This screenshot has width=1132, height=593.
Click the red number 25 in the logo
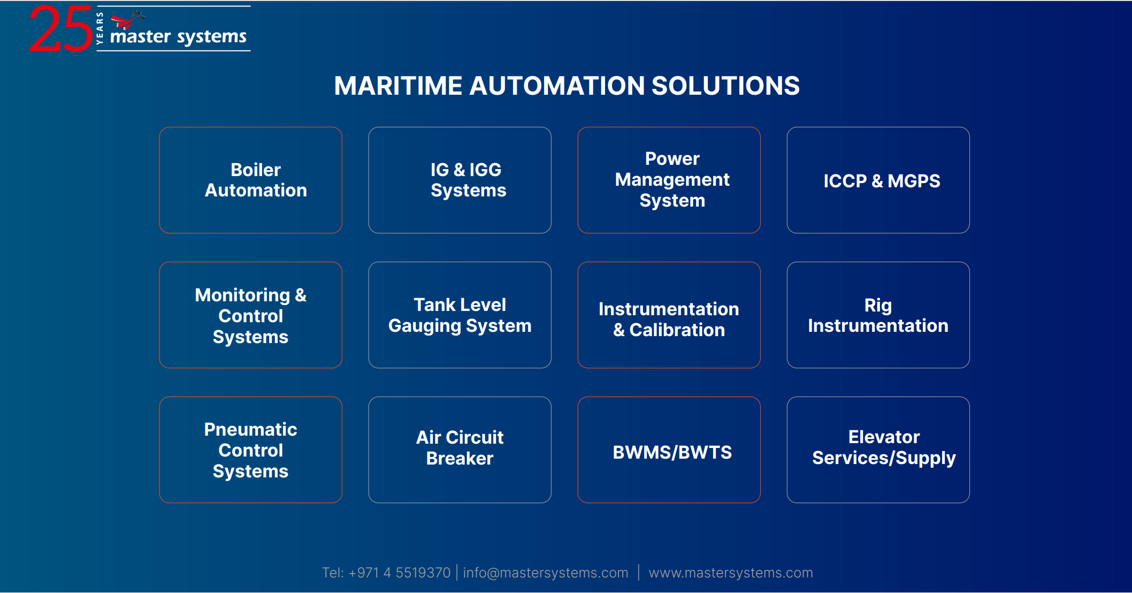[60, 29]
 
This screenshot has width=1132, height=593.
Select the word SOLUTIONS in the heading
[725, 86]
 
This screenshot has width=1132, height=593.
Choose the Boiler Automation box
[250, 180]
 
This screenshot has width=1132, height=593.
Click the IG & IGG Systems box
[460, 180]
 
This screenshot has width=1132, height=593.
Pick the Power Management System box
[669, 180]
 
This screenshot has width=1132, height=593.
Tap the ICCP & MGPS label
[881, 181]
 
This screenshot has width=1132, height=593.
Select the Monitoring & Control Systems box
[250, 315]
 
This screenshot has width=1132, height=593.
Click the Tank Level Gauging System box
[460, 315]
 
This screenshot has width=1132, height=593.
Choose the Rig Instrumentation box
[878, 315]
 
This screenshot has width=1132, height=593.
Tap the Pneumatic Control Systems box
[250, 450]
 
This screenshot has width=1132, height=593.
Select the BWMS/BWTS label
[672, 452]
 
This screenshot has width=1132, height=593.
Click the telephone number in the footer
[399, 573]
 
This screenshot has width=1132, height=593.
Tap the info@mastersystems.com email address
[545, 573]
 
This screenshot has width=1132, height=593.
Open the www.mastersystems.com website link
[730, 573]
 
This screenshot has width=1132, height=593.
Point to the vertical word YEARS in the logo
[100, 28]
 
